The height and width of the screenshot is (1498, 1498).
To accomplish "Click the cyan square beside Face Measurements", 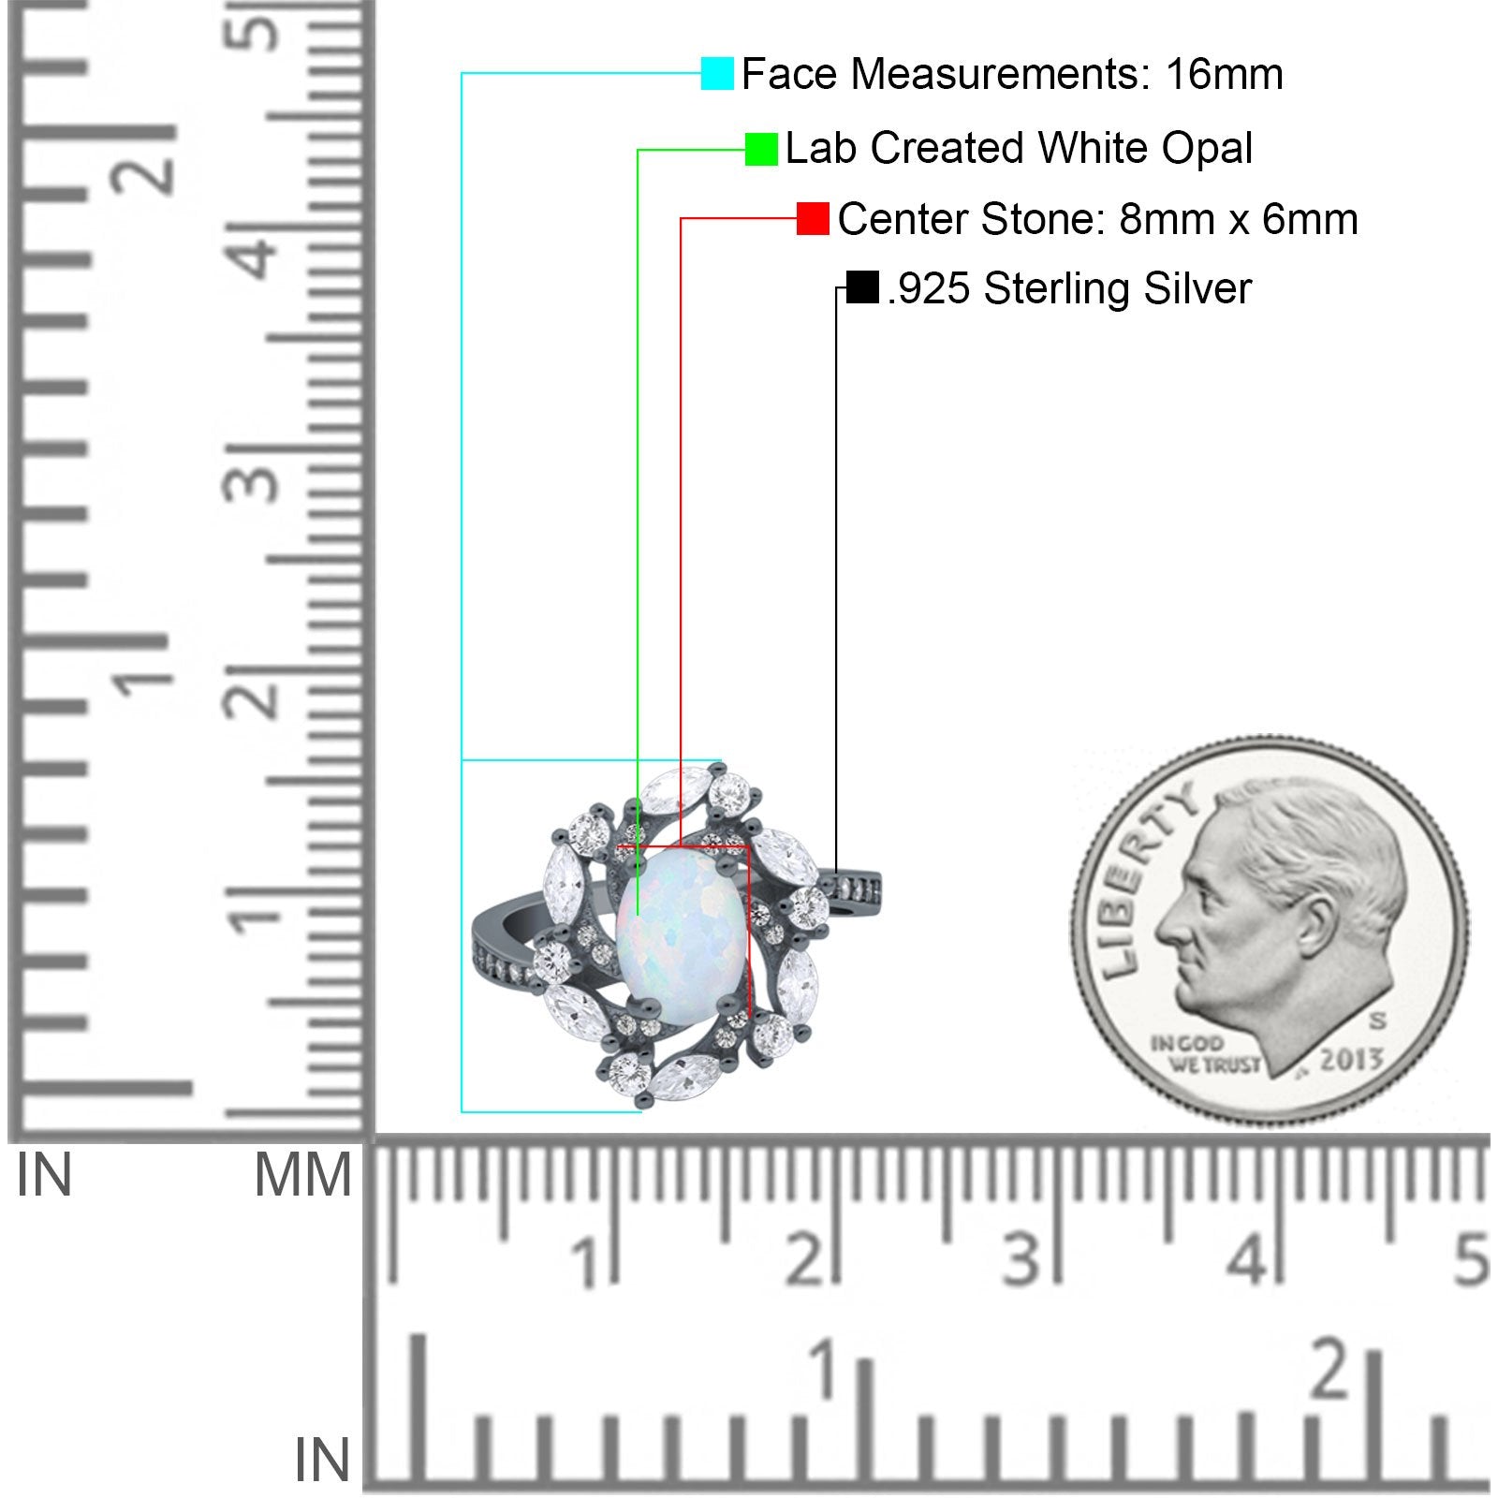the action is (717, 73).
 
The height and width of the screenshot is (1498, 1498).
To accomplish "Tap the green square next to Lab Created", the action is (761, 149).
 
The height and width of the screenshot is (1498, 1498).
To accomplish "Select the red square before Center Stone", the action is (813, 218).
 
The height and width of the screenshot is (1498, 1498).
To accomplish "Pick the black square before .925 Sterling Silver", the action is (861, 287).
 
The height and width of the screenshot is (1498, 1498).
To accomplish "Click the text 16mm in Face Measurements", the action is (1225, 74).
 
